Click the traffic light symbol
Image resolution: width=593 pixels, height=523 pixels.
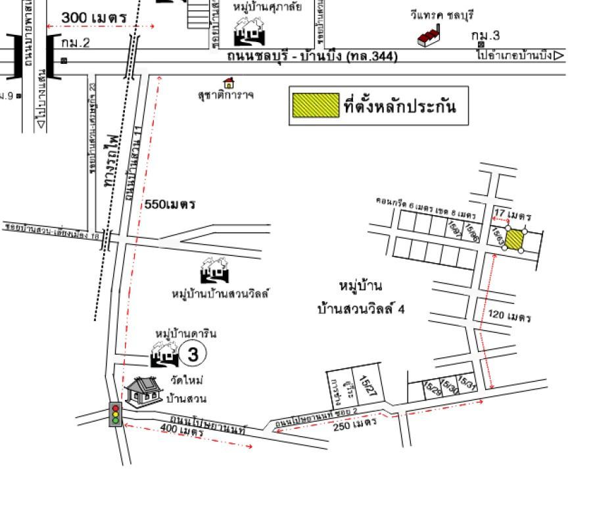point(116,414)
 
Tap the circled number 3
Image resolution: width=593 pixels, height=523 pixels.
point(193,355)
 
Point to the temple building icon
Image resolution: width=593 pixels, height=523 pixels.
point(144,391)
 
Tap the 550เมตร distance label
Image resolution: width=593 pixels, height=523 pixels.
point(170,205)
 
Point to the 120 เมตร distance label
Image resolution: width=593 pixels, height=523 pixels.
point(510,316)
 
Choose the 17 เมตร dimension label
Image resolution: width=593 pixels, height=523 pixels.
point(513,214)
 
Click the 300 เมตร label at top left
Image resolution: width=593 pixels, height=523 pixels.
point(94,18)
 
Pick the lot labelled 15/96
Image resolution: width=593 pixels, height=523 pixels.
point(471,232)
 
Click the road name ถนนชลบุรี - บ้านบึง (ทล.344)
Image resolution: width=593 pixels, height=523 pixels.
point(312,57)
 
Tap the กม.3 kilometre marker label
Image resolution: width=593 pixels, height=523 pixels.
point(485,35)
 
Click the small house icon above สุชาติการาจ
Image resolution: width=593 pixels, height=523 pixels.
point(229,83)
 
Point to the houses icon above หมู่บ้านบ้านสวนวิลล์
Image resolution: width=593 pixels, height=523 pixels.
point(215,271)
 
